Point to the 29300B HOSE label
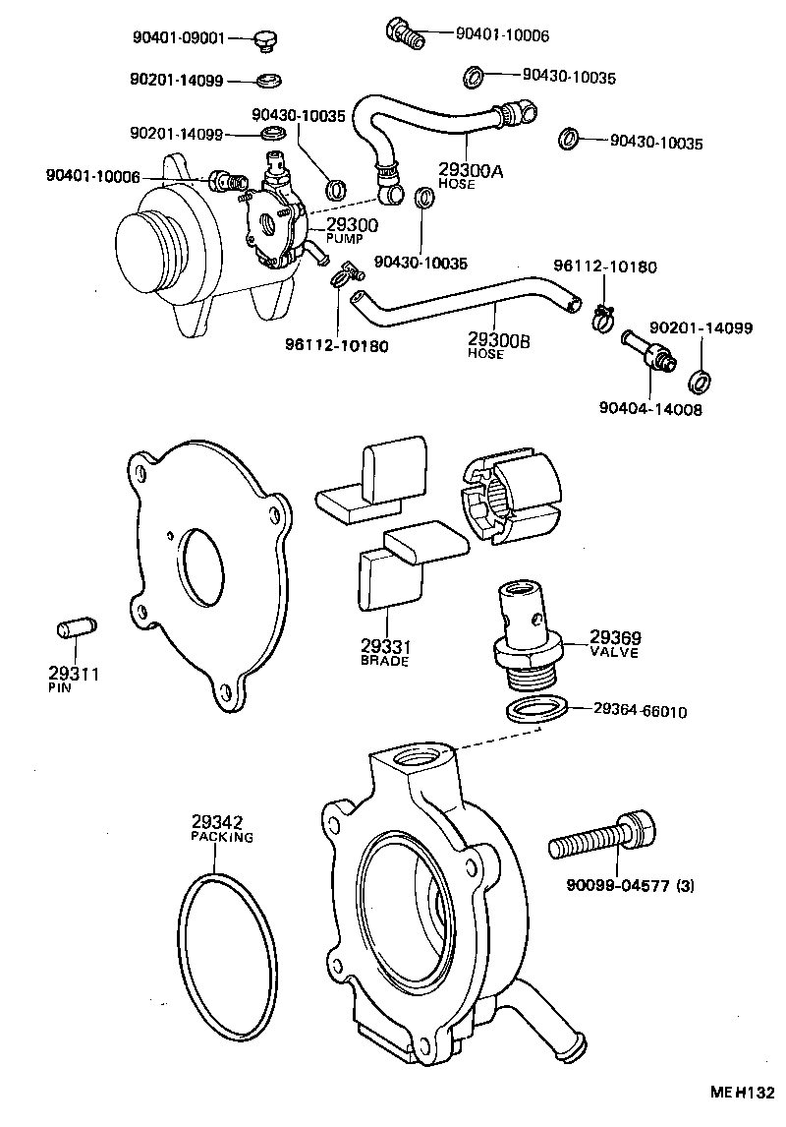499,345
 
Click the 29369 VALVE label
615,642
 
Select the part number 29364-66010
640,710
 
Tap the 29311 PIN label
74,679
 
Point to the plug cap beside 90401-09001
264,39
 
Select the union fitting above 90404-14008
647,352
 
